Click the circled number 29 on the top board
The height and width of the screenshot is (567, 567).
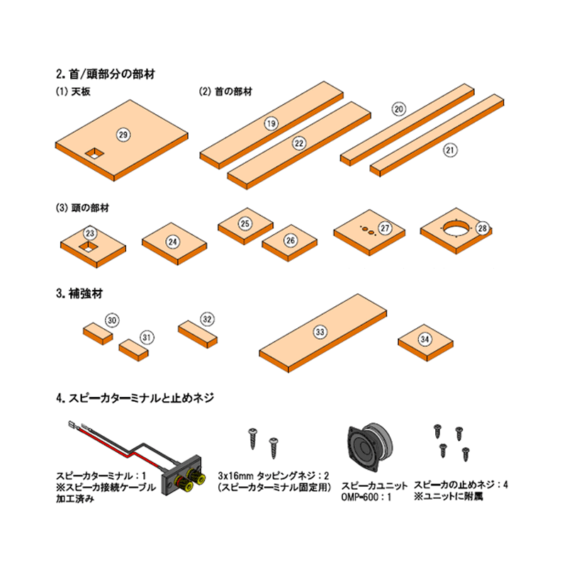tap(123, 135)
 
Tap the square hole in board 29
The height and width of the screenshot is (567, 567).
tap(94, 154)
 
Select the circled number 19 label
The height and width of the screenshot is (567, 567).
tap(271, 123)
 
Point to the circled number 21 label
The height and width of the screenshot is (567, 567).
tap(450, 150)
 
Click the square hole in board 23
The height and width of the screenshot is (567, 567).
tap(89, 247)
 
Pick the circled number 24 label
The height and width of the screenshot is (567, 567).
tap(173, 241)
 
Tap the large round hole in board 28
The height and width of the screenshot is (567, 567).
tap(456, 228)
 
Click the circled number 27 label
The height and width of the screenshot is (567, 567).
tap(385, 228)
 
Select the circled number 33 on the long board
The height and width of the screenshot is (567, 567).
tap(320, 332)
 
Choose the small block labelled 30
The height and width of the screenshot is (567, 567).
tap(98, 333)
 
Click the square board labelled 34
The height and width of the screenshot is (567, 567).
tap(426, 342)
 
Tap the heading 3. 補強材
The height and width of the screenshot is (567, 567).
tap(79, 293)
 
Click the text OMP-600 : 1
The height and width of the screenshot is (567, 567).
tap(366, 497)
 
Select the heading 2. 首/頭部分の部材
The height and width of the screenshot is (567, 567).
tap(106, 74)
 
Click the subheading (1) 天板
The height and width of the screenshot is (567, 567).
tap(73, 91)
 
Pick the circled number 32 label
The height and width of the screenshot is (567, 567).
tap(207, 320)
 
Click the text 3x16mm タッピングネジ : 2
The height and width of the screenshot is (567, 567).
tap(274, 475)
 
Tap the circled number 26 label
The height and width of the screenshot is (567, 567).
tap(291, 240)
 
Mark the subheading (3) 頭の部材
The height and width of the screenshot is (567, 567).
tap(82, 208)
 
